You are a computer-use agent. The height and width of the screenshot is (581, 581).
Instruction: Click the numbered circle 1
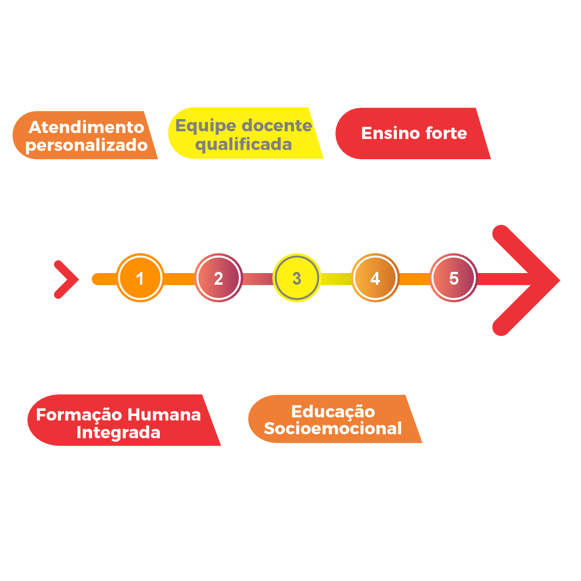[139, 278]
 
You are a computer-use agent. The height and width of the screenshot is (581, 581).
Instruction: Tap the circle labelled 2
[218, 278]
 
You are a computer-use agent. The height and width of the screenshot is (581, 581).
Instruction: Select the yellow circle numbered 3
[296, 278]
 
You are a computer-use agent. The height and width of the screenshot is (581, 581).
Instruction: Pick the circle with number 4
[375, 278]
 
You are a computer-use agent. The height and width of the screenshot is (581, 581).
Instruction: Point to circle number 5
[453, 278]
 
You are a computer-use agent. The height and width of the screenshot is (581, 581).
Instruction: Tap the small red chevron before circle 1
[65, 279]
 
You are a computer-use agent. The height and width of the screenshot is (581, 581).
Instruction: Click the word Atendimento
[86, 127]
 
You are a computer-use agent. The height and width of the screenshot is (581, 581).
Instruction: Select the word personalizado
[87, 145]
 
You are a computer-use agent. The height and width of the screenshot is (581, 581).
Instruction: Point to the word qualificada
[243, 144]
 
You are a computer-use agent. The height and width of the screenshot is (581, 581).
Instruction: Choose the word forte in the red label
[446, 133]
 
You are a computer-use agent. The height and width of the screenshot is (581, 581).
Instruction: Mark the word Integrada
[119, 433]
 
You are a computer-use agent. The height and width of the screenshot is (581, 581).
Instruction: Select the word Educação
[333, 411]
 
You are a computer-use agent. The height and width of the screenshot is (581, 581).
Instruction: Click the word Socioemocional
[333, 429]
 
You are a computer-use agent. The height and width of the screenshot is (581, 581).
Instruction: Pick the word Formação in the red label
[80, 415]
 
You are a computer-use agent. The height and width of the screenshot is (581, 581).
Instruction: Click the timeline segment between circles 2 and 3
[257, 279]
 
